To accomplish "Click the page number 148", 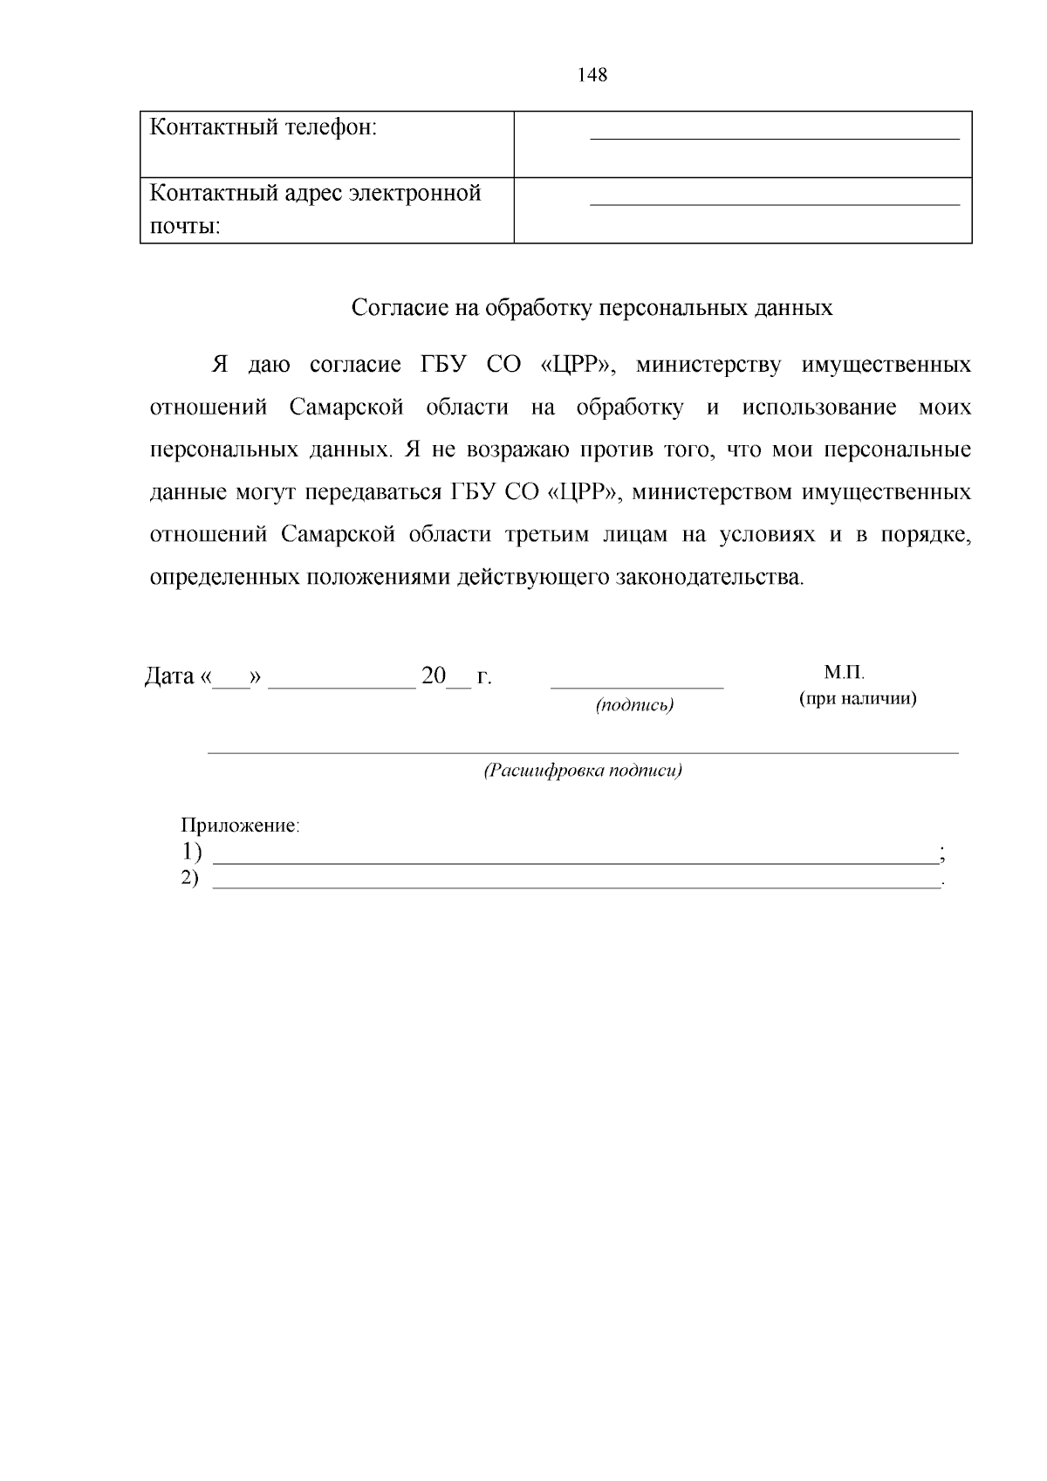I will pos(592,75).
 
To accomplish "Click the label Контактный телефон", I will pos(263,127).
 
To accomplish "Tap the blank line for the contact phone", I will pos(774,137).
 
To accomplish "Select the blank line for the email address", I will pos(774,202).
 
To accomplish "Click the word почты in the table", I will pos(184,227).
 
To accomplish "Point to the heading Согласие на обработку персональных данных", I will pos(592,307).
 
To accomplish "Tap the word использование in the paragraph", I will pos(819,408).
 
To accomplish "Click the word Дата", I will pos(168,676).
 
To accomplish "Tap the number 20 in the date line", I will pos(434,676).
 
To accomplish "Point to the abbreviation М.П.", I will pos(844,673).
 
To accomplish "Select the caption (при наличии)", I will pos(858,699).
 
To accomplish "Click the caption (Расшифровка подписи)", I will pos(583,771).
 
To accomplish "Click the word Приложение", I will pos(239,826).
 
